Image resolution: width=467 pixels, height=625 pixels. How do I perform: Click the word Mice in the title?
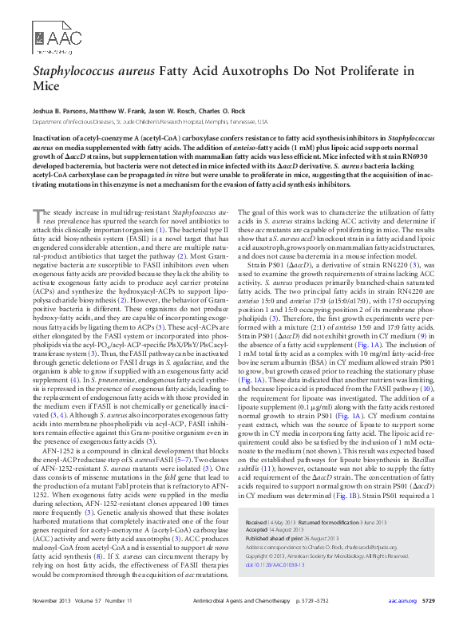(x=46, y=86)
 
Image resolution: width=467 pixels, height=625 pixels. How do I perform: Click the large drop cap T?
(x=38, y=218)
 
